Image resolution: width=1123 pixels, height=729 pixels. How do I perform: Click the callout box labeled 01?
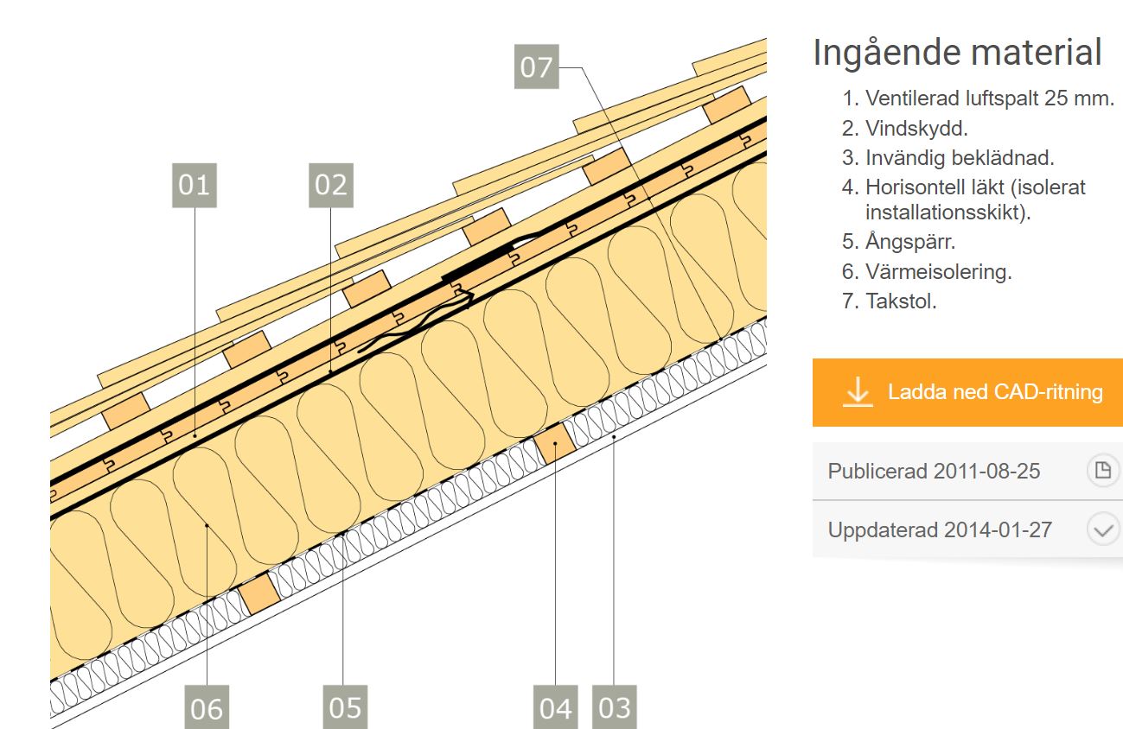point(195,185)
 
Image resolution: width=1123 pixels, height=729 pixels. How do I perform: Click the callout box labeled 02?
point(330,185)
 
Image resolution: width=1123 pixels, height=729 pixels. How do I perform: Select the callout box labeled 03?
point(615,707)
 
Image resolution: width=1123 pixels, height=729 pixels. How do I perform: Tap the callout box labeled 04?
point(555,707)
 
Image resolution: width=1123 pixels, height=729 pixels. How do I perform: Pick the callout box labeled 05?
point(345,707)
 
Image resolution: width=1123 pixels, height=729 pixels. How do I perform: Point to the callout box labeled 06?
point(207,707)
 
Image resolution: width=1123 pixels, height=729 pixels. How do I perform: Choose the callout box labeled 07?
point(536,67)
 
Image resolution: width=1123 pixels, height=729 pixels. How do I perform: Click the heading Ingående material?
point(957,53)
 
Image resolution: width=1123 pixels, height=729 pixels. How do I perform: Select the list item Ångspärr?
point(910,241)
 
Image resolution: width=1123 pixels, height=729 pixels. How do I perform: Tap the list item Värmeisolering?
point(938,271)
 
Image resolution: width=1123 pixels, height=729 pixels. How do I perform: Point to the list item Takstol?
point(901,301)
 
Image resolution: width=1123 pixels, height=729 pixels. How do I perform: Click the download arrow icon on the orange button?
point(857,391)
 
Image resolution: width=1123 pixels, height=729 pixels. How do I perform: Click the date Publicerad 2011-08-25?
point(934,472)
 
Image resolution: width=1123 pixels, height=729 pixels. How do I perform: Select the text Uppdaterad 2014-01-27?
point(940,529)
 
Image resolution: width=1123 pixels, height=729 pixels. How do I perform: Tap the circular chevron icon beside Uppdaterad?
point(1102,529)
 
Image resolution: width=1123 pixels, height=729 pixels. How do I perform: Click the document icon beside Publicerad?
point(1102,471)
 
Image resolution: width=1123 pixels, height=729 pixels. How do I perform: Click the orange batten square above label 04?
point(555,443)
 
